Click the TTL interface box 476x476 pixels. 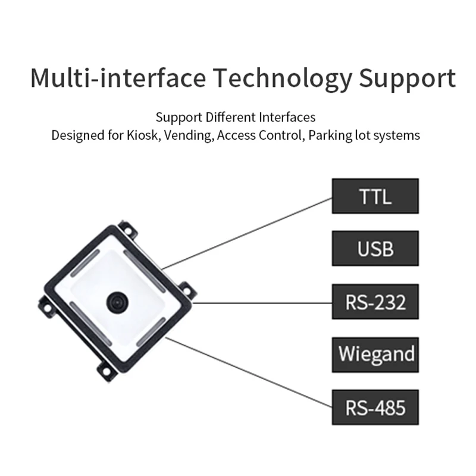tap(375, 196)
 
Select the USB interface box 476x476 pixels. tap(375, 248)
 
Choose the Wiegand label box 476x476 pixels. tap(375, 354)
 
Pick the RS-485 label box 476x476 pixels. tap(375, 408)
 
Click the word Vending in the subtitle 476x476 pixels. tap(190, 135)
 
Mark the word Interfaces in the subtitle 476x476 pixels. tap(288, 117)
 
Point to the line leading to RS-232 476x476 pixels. tap(262, 302)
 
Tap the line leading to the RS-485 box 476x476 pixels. tap(250, 372)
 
